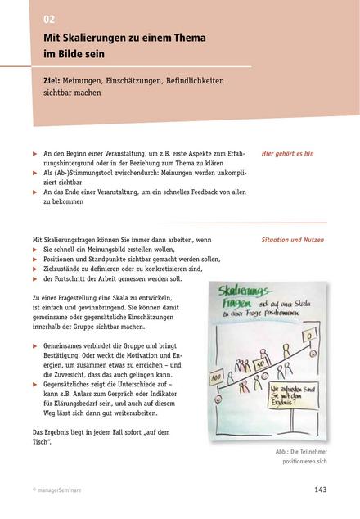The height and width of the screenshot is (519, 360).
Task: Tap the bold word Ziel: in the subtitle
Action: tap(55, 83)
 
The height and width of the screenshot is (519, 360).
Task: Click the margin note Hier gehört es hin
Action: tap(287, 153)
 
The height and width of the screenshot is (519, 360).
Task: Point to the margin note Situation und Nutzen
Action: tap(293, 241)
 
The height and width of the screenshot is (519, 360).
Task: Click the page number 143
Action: tap(320, 490)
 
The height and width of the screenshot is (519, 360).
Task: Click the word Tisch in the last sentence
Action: tap(42, 442)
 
